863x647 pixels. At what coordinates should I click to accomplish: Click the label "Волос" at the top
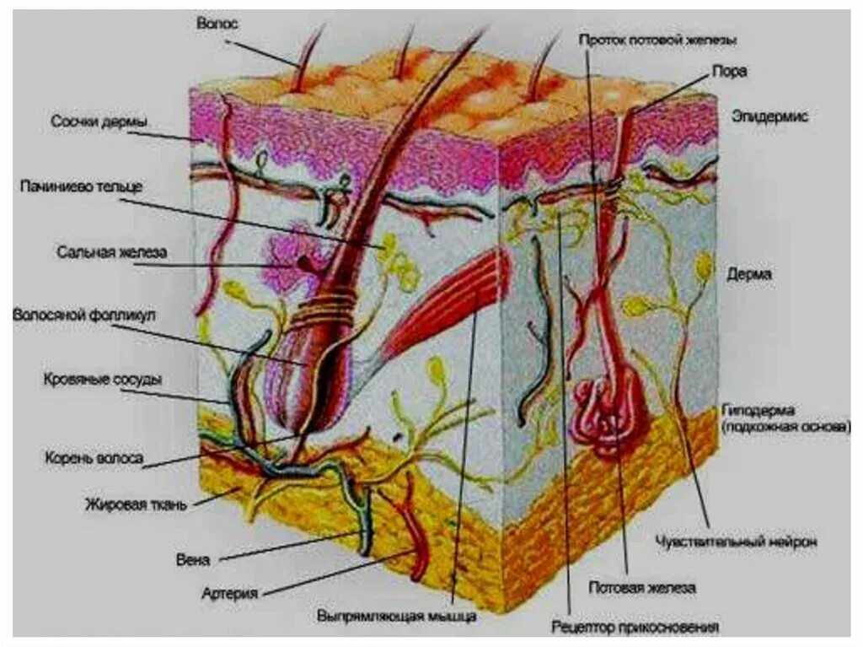click(217, 24)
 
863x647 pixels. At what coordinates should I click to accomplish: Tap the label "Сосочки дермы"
click(99, 122)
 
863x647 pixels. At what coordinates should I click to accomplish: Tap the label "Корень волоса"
click(94, 460)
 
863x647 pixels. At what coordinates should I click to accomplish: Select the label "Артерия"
click(229, 592)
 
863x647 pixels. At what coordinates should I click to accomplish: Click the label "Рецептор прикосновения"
click(635, 627)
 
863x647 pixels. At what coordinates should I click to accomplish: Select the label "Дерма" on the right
click(749, 274)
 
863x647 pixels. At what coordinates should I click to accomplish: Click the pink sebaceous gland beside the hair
click(287, 257)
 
